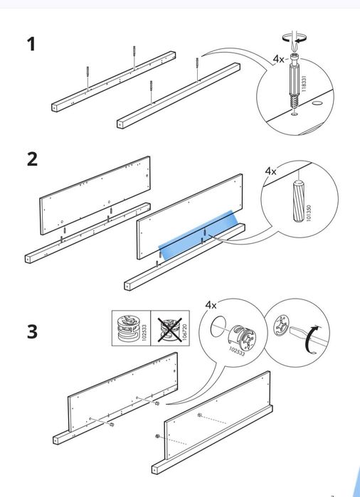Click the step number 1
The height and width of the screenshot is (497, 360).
[x=31, y=44]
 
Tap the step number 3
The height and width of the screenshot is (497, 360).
[x=32, y=331]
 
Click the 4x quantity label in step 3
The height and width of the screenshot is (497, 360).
[x=211, y=304]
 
